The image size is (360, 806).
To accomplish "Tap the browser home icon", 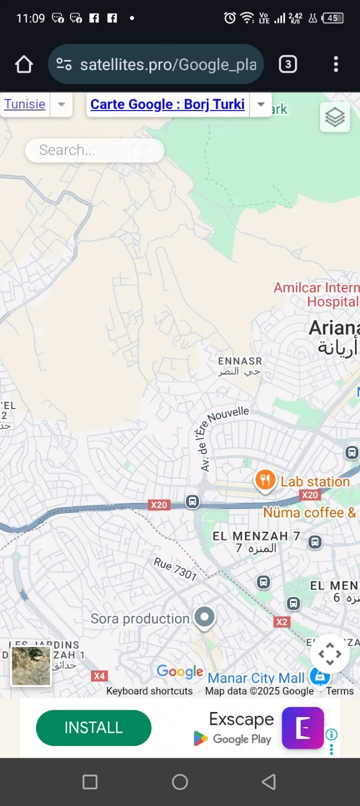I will [24, 64].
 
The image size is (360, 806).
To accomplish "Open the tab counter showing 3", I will [288, 64].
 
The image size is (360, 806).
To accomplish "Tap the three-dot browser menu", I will [336, 64].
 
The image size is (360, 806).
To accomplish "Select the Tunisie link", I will [25, 104].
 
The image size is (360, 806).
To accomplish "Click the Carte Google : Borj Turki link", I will [167, 105].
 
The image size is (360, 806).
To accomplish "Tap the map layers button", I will [335, 117].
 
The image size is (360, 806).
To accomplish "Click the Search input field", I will [94, 150].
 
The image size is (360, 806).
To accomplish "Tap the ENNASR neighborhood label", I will [239, 361].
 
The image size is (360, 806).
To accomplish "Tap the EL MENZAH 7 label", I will [257, 536].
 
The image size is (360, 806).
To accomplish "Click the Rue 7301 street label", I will [175, 569].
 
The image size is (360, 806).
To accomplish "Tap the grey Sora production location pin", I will [204, 617].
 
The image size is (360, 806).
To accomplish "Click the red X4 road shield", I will [99, 676].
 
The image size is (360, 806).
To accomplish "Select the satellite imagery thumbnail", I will [31, 666].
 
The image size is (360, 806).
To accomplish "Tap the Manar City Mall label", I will [256, 678].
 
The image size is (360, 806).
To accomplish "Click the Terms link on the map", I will [339, 691].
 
